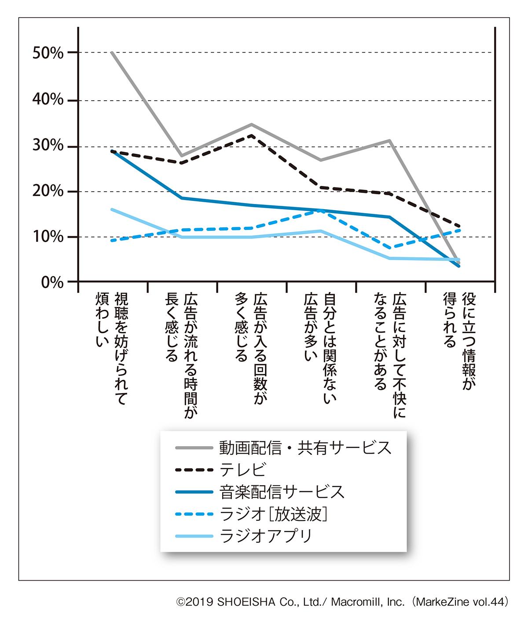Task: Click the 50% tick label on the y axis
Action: click(x=48, y=53)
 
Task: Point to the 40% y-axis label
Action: click(x=48, y=99)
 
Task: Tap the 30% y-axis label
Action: click(x=48, y=145)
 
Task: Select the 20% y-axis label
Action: click(x=48, y=191)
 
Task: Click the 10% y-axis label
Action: click(x=48, y=237)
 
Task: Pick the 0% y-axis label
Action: click(x=52, y=283)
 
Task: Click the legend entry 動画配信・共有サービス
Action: click(x=305, y=448)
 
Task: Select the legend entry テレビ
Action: click(x=243, y=470)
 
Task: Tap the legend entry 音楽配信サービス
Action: click(x=282, y=492)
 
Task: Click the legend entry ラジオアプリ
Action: click(x=266, y=536)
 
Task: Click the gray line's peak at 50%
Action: click(x=112, y=52)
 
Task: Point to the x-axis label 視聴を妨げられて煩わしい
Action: click(x=112, y=347)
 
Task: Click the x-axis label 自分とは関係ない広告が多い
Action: click(x=320, y=347)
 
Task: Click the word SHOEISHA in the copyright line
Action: click(x=246, y=602)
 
